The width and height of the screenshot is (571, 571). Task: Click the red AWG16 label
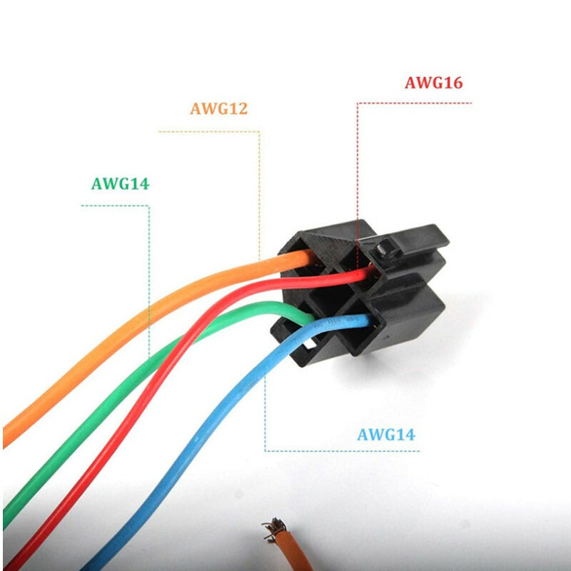click(433, 83)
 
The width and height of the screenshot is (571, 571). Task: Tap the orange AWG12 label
click(218, 109)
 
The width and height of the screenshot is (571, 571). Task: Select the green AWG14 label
click(120, 183)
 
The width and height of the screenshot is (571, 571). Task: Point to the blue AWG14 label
click(385, 434)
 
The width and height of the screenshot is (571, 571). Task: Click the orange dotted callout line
click(259, 193)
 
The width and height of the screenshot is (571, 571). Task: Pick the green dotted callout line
click(148, 271)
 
